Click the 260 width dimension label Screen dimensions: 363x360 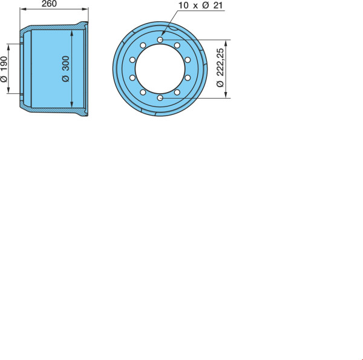pos(49,4)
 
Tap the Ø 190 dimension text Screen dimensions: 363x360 pos(4,69)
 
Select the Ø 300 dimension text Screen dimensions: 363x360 pos(66,69)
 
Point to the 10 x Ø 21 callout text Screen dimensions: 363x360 pos(200,5)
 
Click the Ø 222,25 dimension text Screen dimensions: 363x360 pos(220,68)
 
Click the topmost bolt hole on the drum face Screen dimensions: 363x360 pos(160,40)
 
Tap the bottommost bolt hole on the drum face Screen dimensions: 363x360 pos(160,98)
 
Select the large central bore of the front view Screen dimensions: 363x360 pos(160,69)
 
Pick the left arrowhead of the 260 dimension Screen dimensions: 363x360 pos(23,9)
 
